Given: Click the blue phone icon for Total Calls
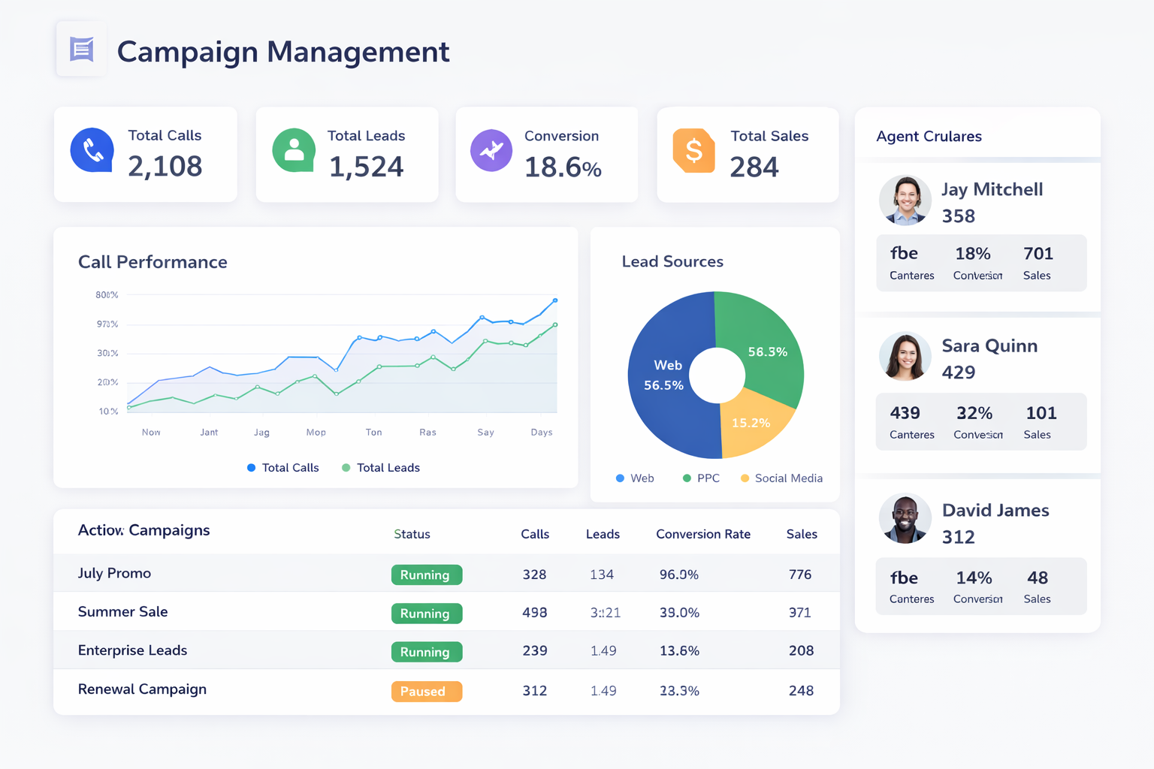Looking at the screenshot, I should tap(92, 150).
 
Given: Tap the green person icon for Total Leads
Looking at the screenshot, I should tap(294, 150).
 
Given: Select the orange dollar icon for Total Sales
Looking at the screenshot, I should tap(693, 150).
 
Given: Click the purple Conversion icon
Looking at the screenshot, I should tap(491, 150).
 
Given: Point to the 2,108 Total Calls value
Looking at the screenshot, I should tap(165, 166).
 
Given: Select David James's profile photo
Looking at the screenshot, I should tap(905, 519).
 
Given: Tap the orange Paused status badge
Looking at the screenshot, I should tap(426, 691).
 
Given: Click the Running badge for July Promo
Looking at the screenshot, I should tap(426, 575).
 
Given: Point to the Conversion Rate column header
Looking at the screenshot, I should tap(702, 534).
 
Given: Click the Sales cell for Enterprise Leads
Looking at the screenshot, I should tap(801, 650).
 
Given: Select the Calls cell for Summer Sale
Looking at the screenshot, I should tap(534, 613).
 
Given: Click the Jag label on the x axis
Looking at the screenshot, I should tap(261, 433).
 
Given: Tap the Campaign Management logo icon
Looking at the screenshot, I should tap(81, 50).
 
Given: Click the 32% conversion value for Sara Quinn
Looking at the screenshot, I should tap(974, 413).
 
